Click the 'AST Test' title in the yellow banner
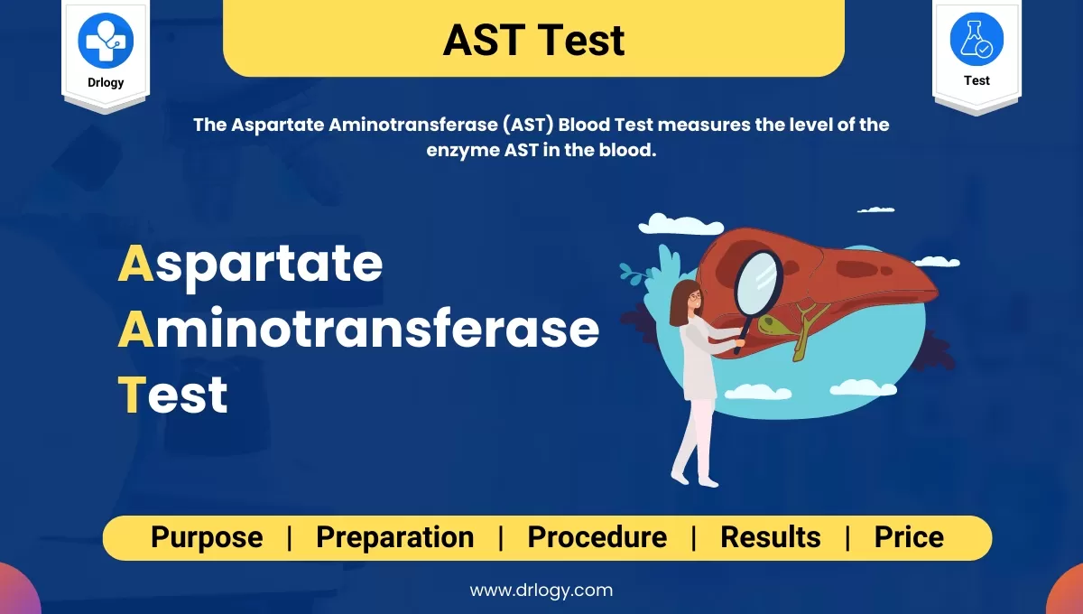pyautogui.click(x=533, y=41)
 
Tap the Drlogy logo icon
pyautogui.click(x=106, y=40)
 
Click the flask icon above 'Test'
pyautogui.click(x=977, y=40)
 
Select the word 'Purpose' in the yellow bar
pyautogui.click(x=207, y=537)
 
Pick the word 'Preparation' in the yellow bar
pyautogui.click(x=394, y=537)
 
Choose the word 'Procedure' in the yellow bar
pyautogui.click(x=597, y=537)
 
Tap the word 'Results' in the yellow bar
pyautogui.click(x=770, y=537)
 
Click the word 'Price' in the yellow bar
pyautogui.click(x=908, y=537)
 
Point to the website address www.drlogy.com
pyautogui.click(x=541, y=591)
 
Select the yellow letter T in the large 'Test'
pyautogui.click(x=132, y=395)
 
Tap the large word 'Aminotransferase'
pyautogui.click(x=358, y=330)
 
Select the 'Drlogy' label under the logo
pyautogui.click(x=106, y=82)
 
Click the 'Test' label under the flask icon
pyautogui.click(x=977, y=80)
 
